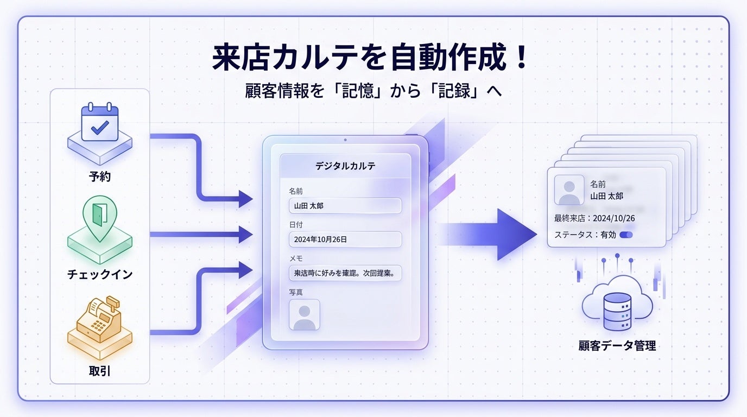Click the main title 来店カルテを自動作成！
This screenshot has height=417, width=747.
[x=370, y=59]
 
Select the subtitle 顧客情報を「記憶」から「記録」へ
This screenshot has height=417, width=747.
[x=373, y=91]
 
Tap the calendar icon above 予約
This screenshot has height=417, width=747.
[x=99, y=124]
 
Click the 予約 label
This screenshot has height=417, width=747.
[x=99, y=176]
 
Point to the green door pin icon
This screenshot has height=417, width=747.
[x=99, y=217]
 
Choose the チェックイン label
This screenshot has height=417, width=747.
[x=99, y=274]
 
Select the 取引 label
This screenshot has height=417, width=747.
[x=99, y=371]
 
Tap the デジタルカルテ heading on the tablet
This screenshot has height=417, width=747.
[x=345, y=166]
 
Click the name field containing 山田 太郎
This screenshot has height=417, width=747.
[x=345, y=206]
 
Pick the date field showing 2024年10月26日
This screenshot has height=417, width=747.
[x=345, y=239]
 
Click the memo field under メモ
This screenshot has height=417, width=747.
[x=345, y=273]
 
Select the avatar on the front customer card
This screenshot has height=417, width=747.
[x=569, y=190]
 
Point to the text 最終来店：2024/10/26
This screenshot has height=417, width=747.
[x=594, y=218]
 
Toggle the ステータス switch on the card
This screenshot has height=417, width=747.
[x=626, y=235]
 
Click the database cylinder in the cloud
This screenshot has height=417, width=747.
[x=617, y=312]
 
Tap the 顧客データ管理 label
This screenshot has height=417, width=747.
[x=617, y=345]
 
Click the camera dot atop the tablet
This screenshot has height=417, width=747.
[x=345, y=140]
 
